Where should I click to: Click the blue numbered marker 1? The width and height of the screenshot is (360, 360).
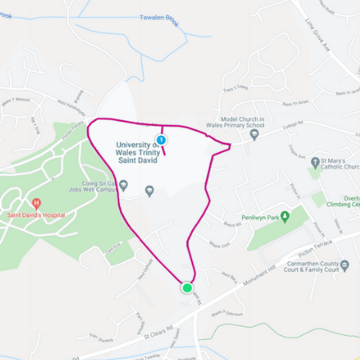162,140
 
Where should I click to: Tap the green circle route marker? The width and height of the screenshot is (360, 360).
187,287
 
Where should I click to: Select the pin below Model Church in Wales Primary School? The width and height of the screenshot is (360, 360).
254,134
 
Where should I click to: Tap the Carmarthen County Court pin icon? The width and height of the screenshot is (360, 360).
345,265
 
